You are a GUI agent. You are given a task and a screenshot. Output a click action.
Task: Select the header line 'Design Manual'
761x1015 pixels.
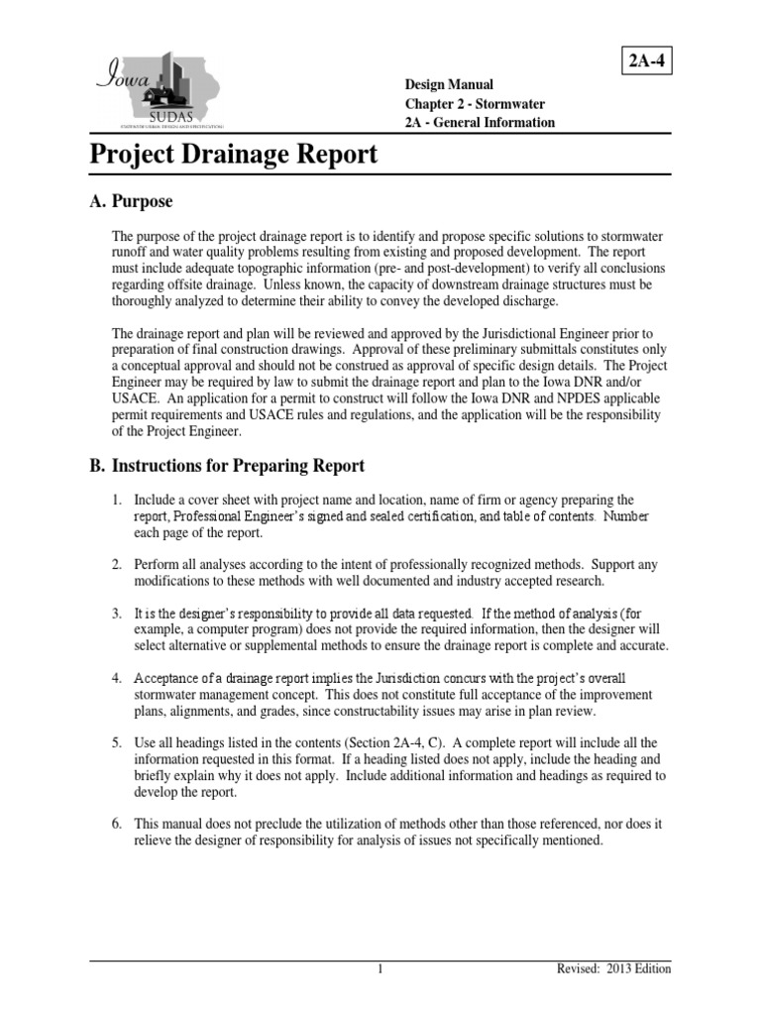[x=448, y=85]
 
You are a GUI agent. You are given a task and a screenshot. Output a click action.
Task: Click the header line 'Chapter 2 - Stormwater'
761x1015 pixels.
[x=474, y=104]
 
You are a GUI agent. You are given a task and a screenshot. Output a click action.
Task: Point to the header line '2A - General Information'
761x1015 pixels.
[x=480, y=123]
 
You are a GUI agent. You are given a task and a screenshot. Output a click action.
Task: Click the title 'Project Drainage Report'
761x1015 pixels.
[x=234, y=155]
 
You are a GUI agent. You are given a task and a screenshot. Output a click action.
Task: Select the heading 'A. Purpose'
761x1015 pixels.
[x=131, y=201]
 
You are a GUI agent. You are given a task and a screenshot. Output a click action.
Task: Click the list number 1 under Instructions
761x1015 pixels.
[x=116, y=501]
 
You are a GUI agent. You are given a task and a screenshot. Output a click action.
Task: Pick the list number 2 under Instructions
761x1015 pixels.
[x=116, y=565]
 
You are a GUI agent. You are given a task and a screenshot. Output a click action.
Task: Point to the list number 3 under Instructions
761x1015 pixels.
[x=116, y=614]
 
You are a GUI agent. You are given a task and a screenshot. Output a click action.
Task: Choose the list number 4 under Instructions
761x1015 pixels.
[x=116, y=678]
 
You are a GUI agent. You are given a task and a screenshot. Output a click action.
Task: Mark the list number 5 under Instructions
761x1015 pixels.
[x=116, y=742]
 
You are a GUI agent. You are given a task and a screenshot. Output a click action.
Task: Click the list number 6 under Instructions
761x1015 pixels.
[x=116, y=824]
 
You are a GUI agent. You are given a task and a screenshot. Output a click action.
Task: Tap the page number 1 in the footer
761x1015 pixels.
[x=380, y=969]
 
